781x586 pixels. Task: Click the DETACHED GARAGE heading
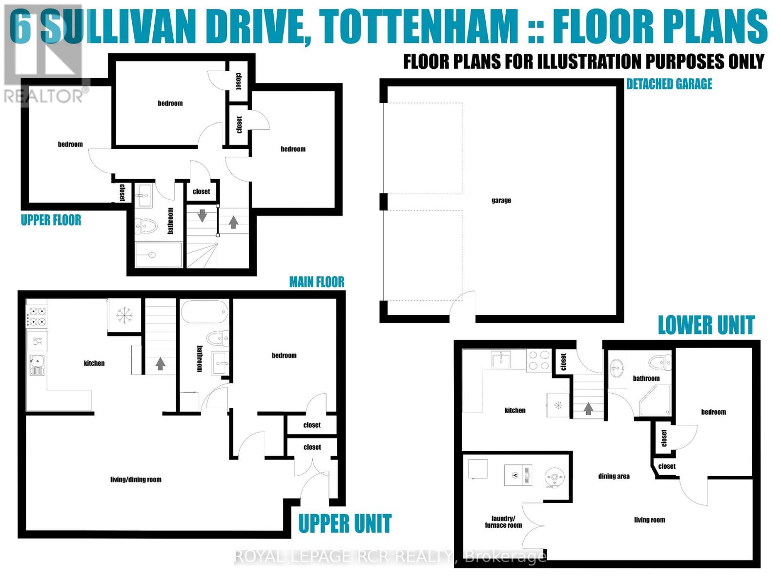[669, 84]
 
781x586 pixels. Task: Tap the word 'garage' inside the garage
[501, 200]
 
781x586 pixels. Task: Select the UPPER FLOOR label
[51, 220]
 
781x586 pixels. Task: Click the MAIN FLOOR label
[316, 282]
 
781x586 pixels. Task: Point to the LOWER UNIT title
[706, 325]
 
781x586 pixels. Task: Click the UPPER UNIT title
[345, 523]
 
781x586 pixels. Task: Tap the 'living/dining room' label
[136, 480]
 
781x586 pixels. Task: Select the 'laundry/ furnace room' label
[503, 522]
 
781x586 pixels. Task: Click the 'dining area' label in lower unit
[614, 476]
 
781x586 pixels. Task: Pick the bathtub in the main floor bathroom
[205, 311]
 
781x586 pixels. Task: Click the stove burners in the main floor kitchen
[37, 316]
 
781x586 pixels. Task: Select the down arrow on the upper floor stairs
[202, 215]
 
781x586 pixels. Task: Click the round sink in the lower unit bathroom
[617, 367]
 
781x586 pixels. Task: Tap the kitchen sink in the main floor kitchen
[37, 362]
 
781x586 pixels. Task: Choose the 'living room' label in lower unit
[649, 520]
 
